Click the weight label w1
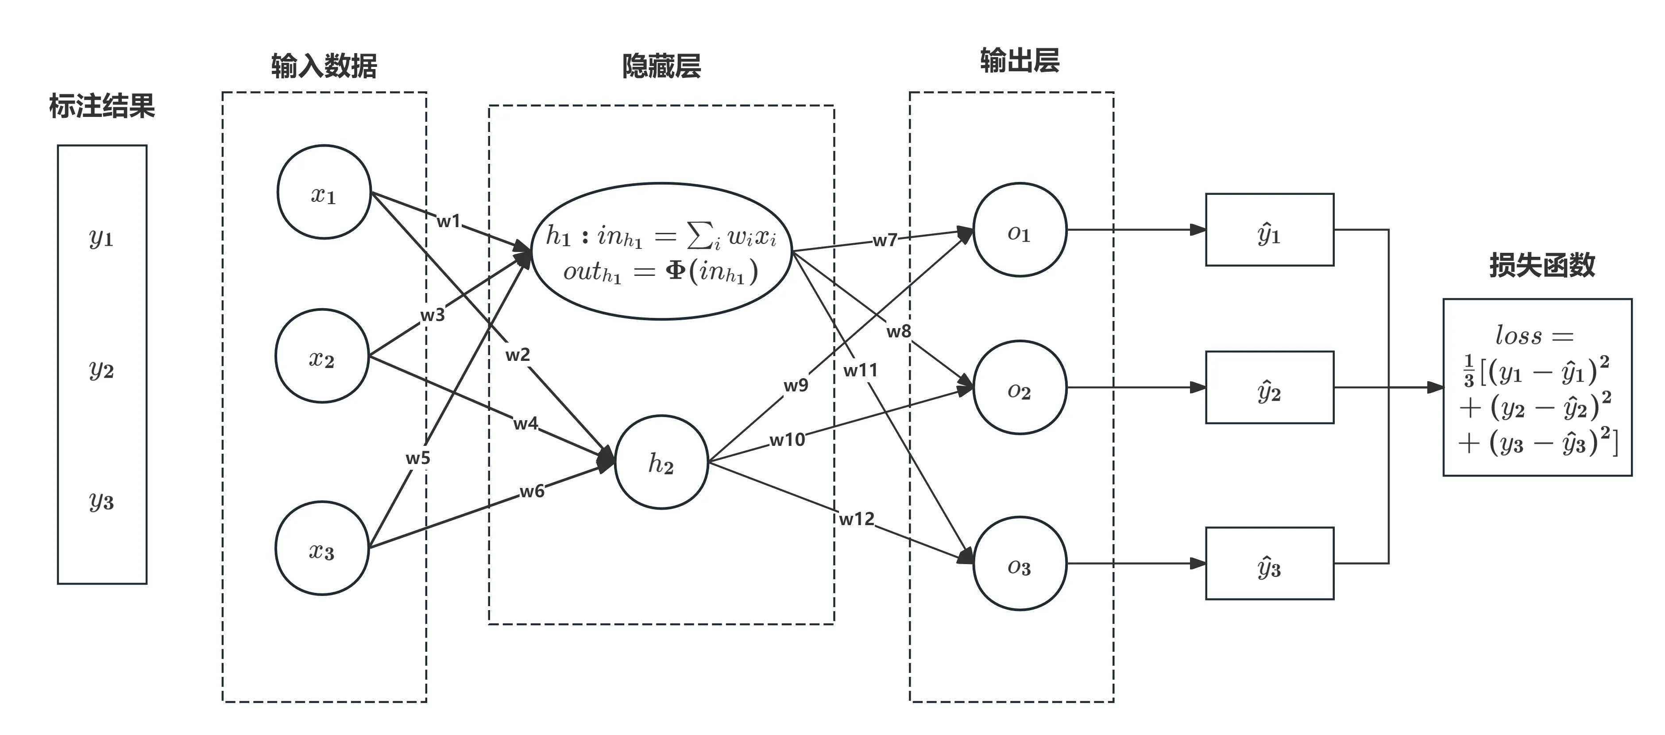[x=448, y=221]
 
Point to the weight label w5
[x=417, y=458]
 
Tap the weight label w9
[x=796, y=385]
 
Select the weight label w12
[x=857, y=518]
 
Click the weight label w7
[x=885, y=240]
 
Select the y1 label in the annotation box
[x=101, y=238]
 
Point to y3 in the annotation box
[x=101, y=501]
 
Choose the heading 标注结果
[x=102, y=106]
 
